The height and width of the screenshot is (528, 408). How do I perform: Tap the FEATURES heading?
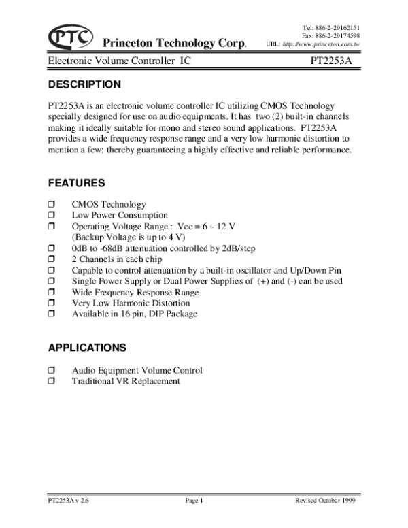coord(77,183)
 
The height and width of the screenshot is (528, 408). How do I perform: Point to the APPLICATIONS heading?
coord(87,348)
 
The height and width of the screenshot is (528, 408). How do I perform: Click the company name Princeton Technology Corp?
coord(174,43)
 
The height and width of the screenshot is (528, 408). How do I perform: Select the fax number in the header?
coord(330,35)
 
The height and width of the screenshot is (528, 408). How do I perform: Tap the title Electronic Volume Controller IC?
coord(119,61)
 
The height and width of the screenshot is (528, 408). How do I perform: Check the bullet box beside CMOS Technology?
coord(52,205)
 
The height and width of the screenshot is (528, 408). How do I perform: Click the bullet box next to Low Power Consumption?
coord(52,215)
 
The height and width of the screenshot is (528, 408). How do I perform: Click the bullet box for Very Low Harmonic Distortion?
coord(52,303)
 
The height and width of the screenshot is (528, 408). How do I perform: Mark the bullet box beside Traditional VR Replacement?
coord(52,381)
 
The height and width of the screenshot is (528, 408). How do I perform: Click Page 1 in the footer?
coord(194,501)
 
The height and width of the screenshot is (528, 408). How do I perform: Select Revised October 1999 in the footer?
coord(325,501)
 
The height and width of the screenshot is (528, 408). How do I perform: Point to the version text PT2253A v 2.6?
coord(70,501)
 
